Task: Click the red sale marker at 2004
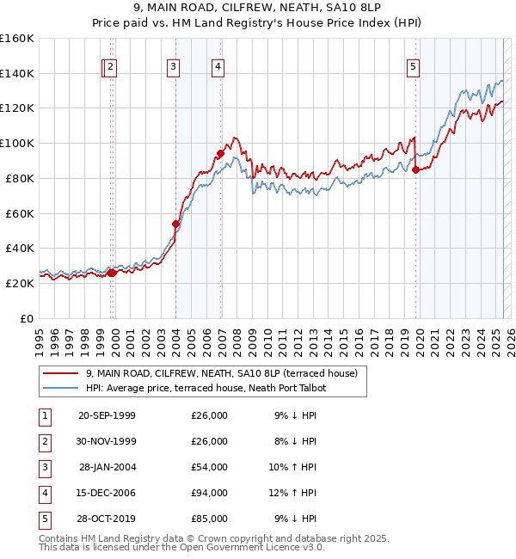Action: click(x=176, y=224)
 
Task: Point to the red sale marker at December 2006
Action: click(x=220, y=153)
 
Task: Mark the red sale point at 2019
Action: click(x=416, y=169)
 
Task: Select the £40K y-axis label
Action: click(x=20, y=248)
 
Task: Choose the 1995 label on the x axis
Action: click(x=40, y=336)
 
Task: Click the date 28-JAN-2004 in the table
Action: click(x=107, y=467)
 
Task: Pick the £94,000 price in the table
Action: click(x=209, y=493)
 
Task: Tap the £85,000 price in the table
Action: click(x=209, y=519)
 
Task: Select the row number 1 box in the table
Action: click(x=43, y=415)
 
